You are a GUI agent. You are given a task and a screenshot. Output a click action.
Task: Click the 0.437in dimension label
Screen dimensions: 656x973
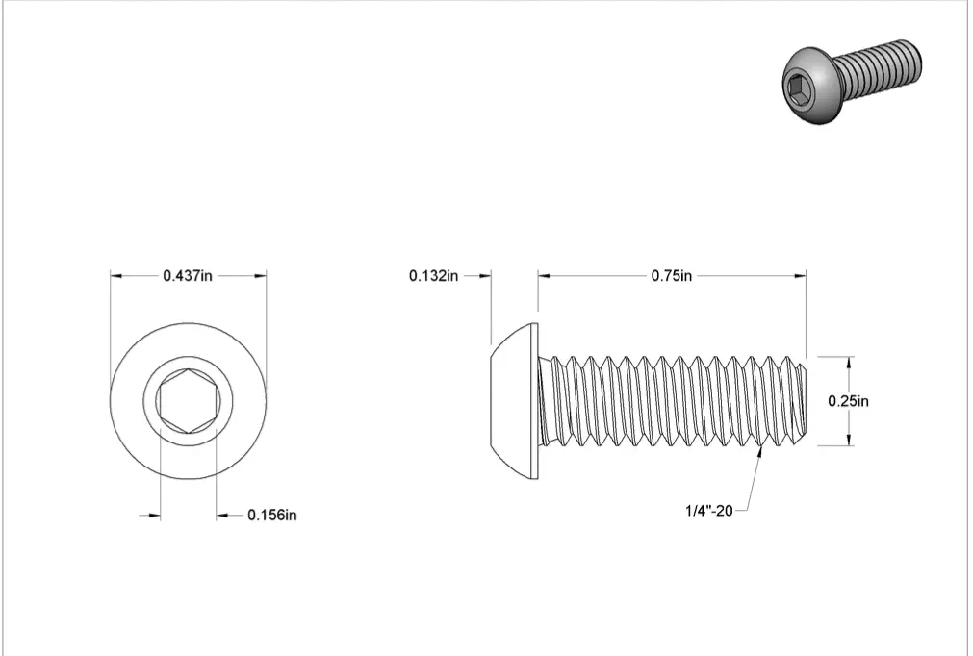tap(188, 275)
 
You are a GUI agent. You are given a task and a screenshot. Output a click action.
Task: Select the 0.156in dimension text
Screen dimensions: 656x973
tap(272, 516)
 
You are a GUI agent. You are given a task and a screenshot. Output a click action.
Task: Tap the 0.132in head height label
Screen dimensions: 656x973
tap(433, 276)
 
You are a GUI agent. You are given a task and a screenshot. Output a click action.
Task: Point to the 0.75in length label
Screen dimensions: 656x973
tap(672, 276)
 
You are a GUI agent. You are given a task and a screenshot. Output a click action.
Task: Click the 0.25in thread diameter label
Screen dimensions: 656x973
tap(849, 401)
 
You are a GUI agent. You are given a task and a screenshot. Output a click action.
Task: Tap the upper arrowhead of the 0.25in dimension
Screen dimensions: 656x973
tap(849, 362)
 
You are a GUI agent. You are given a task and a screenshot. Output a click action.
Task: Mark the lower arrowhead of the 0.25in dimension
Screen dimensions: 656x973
tap(849, 441)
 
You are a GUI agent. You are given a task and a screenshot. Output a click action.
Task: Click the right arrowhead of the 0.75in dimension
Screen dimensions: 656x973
tap(800, 276)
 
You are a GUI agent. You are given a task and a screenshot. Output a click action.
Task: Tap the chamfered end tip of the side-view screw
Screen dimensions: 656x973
tap(805, 401)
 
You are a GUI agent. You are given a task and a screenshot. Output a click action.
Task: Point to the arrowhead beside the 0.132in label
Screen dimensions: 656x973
tap(485, 276)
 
